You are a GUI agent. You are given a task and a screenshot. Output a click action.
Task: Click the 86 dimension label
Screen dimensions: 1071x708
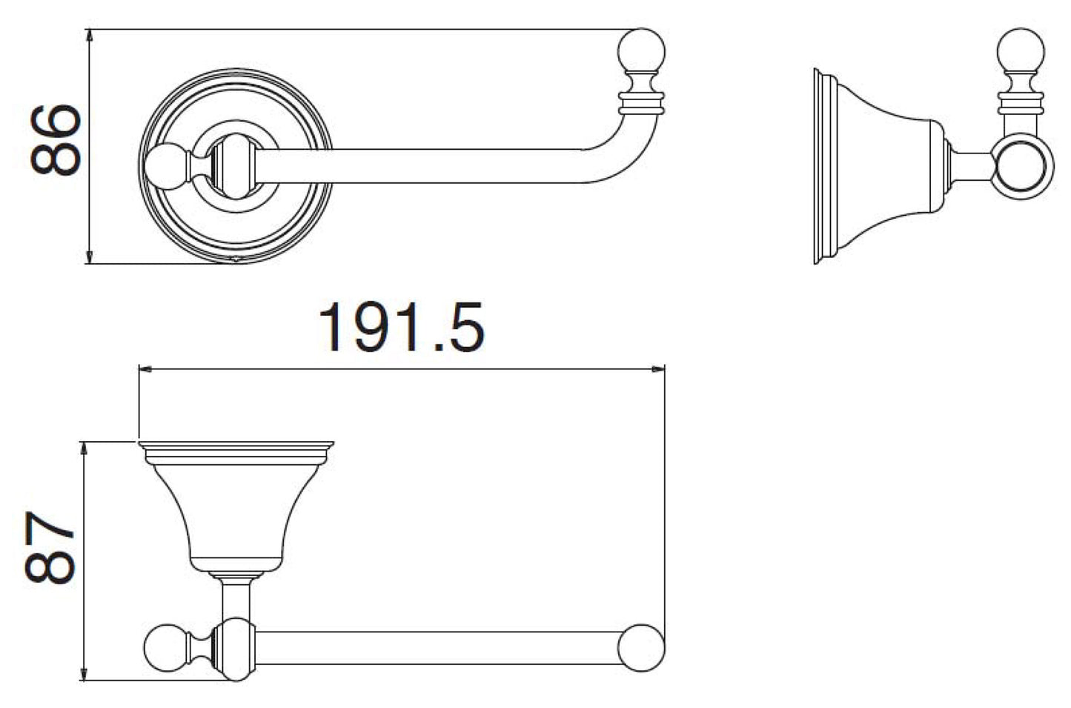coord(55,140)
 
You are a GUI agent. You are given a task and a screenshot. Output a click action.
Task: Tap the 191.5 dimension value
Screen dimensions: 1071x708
coord(402,327)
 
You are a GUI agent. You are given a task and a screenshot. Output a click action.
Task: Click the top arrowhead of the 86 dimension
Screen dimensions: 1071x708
coord(89,36)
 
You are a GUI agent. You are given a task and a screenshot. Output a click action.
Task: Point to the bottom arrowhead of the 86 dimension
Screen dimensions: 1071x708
coord(89,257)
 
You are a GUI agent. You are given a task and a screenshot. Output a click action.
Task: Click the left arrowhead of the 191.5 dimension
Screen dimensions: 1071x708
coord(145,369)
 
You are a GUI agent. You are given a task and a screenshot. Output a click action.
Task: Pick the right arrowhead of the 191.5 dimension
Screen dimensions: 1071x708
coord(658,369)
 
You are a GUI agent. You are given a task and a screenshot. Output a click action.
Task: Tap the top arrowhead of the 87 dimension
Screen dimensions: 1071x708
coord(84,449)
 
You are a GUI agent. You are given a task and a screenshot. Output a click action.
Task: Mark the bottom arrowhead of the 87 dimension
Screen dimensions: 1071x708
coord(84,673)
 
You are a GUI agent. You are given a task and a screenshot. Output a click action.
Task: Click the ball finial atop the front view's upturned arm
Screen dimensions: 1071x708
coord(642,51)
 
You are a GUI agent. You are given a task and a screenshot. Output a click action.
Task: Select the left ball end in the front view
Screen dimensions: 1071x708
coord(166,166)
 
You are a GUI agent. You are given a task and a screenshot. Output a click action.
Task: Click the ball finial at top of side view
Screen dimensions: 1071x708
coord(1021,51)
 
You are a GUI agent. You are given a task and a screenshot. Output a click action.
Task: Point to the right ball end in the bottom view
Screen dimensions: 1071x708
coord(641,648)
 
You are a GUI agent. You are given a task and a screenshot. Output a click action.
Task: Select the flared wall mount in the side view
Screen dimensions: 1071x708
coord(879,165)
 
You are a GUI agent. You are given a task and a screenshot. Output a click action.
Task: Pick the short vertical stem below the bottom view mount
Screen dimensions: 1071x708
coord(236,598)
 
